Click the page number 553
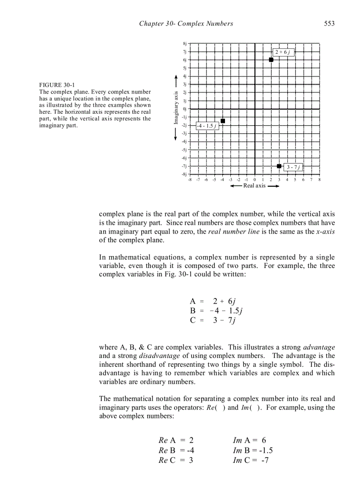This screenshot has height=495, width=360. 329,23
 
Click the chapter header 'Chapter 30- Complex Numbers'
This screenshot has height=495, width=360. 186,23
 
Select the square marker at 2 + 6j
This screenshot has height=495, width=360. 271,60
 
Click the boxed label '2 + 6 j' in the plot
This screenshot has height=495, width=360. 283,52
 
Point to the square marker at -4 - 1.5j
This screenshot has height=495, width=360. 223,121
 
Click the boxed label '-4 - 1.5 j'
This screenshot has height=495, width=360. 206,126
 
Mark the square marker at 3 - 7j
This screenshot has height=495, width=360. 279,166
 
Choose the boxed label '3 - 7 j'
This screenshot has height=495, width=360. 293,167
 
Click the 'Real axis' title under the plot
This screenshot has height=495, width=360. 255,186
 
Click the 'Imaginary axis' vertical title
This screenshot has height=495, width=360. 176,108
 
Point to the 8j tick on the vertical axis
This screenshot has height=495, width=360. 184,44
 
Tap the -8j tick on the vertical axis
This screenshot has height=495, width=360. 184,175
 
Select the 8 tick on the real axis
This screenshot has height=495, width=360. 319,180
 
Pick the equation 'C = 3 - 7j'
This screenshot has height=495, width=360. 212,320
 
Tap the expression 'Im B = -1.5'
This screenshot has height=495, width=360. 253,450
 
